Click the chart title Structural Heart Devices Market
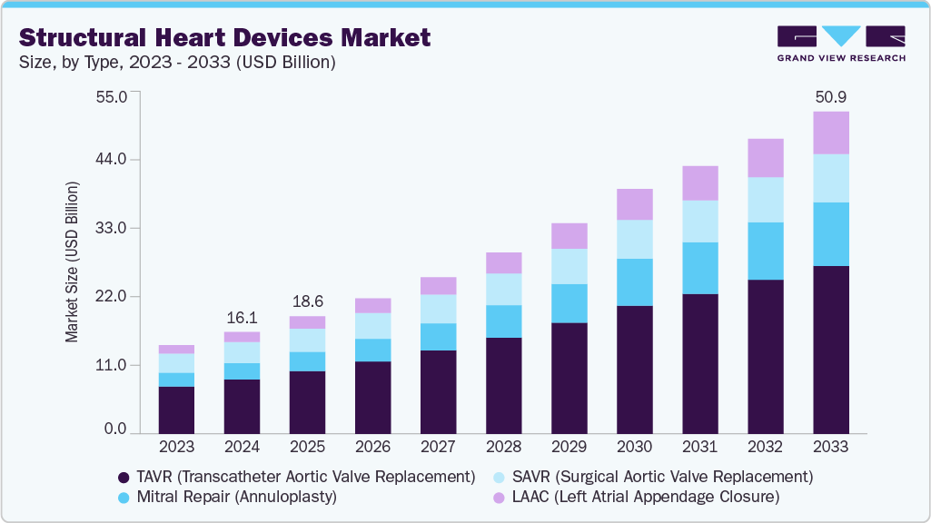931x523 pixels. (225, 38)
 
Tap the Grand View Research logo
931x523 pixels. (841, 44)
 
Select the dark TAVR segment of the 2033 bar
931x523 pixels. (830, 350)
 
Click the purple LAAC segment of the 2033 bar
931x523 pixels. (830, 133)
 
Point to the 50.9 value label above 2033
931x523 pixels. (830, 95)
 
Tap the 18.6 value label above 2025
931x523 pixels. (307, 301)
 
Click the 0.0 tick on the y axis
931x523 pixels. (115, 429)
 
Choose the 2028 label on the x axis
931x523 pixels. (503, 447)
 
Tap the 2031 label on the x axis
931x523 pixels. (699, 447)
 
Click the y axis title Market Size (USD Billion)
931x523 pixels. (72, 261)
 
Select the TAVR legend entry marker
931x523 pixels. (124, 477)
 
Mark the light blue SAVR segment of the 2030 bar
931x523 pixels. (634, 239)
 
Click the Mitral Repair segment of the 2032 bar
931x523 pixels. (765, 251)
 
